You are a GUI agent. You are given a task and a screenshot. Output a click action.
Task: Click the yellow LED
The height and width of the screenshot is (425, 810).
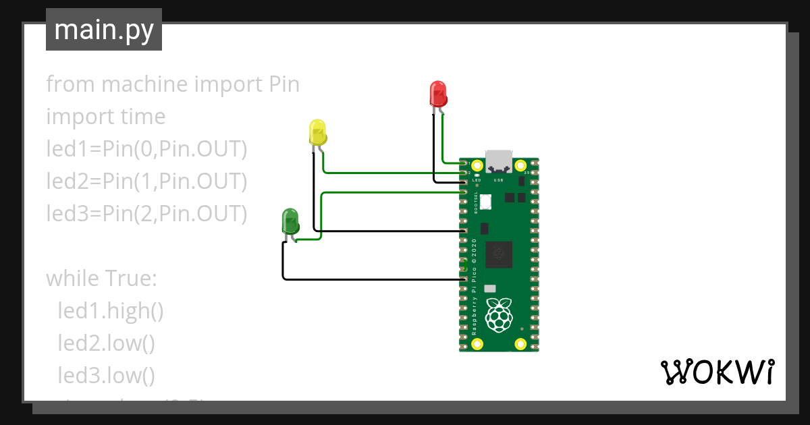click(317, 132)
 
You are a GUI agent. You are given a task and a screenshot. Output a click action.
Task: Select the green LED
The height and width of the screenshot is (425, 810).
click(290, 222)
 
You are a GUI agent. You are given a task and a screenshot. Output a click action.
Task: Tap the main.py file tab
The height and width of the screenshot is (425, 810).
click(103, 30)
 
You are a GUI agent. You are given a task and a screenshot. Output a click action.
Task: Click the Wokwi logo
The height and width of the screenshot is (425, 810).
click(716, 372)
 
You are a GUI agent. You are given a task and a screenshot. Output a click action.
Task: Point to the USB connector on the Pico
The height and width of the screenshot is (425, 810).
click(499, 161)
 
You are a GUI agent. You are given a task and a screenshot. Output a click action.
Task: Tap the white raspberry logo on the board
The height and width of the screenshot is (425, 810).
click(499, 315)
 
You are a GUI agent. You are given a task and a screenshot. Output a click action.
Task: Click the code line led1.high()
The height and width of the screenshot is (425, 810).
click(111, 311)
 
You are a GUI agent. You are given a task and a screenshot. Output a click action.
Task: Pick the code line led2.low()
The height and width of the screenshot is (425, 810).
click(107, 343)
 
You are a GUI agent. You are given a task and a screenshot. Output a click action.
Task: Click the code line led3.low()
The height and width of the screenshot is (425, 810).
click(107, 376)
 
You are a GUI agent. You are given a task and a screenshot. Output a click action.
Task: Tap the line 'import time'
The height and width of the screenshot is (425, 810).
click(105, 117)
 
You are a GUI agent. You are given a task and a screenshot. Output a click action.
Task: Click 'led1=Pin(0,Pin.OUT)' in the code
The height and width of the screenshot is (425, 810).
click(146, 149)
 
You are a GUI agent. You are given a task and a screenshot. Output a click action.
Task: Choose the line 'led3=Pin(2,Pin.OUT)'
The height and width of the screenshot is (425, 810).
click(146, 214)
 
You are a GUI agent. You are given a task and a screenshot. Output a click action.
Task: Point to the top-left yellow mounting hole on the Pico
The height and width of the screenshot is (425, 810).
click(477, 165)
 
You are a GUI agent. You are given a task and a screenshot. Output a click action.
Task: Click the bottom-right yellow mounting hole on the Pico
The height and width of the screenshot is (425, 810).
click(520, 345)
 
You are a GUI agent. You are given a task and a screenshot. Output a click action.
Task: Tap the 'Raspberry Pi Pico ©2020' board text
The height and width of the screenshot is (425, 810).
click(475, 286)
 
